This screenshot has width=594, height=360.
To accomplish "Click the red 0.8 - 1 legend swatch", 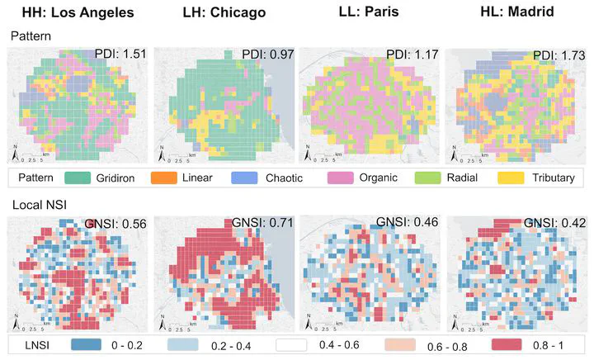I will [x=511, y=343].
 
